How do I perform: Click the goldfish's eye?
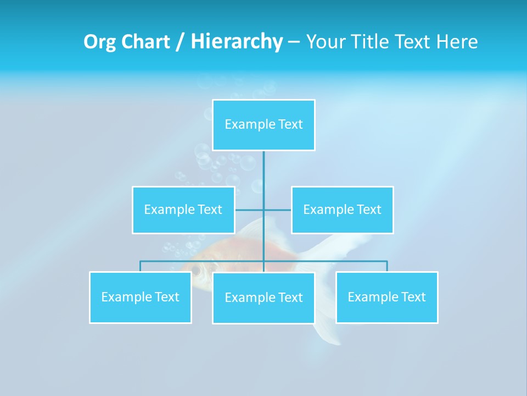(196, 269)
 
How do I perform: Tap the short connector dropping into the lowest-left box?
(140, 266)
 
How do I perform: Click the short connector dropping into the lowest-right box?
(386, 266)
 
